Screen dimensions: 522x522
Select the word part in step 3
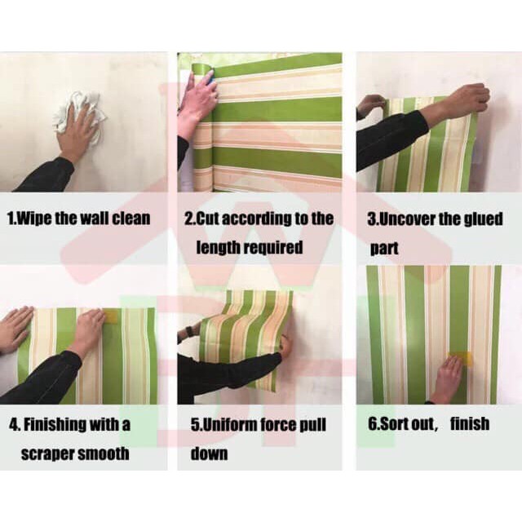tap(384, 249)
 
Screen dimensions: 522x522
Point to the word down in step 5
tap(209, 453)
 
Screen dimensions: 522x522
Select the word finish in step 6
tap(470, 424)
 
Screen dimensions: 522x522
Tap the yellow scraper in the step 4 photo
tap(112, 316)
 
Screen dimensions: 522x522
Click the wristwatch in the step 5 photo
tap(188, 331)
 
